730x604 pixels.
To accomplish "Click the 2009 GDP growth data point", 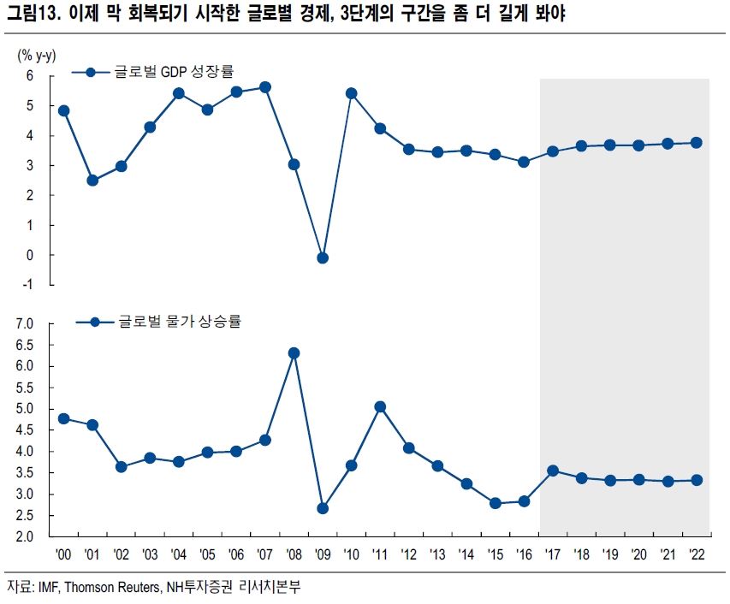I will click(x=323, y=258).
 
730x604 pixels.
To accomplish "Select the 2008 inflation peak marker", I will click(x=294, y=352).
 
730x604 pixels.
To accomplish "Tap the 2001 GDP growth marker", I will click(x=92, y=181).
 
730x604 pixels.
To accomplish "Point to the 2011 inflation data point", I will click(x=380, y=407).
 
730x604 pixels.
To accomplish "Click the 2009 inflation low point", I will click(x=323, y=508).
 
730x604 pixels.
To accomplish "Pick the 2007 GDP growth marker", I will click(x=265, y=87).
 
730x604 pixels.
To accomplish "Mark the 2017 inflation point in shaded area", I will click(x=553, y=471).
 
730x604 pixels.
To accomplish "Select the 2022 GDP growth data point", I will click(x=697, y=143).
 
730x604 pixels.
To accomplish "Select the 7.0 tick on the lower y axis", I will click(x=23, y=324).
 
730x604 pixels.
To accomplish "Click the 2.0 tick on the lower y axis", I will click(x=23, y=537).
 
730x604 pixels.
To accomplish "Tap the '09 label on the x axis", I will click(x=323, y=554).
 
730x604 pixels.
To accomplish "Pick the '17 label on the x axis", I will click(x=553, y=554).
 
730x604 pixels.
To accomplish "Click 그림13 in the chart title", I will click(x=31, y=15).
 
